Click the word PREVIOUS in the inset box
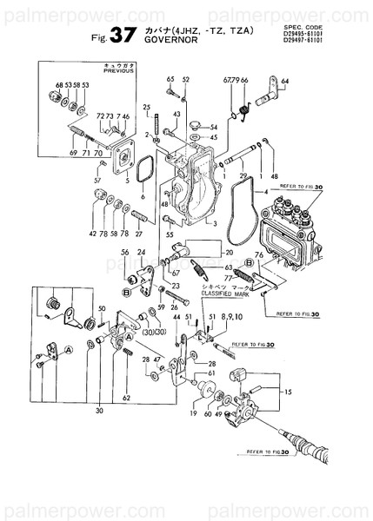[x=116, y=74]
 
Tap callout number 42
[x=92, y=234]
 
